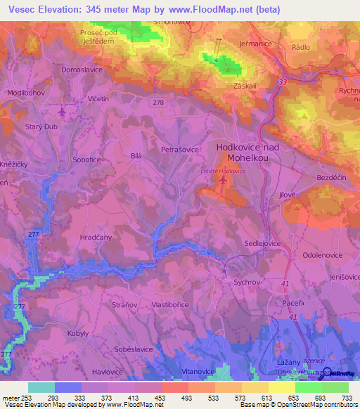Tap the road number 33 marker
click(x=282, y=83)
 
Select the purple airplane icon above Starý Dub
click(x=61, y=111)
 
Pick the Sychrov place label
click(x=247, y=281)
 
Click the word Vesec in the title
click(x=19, y=10)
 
